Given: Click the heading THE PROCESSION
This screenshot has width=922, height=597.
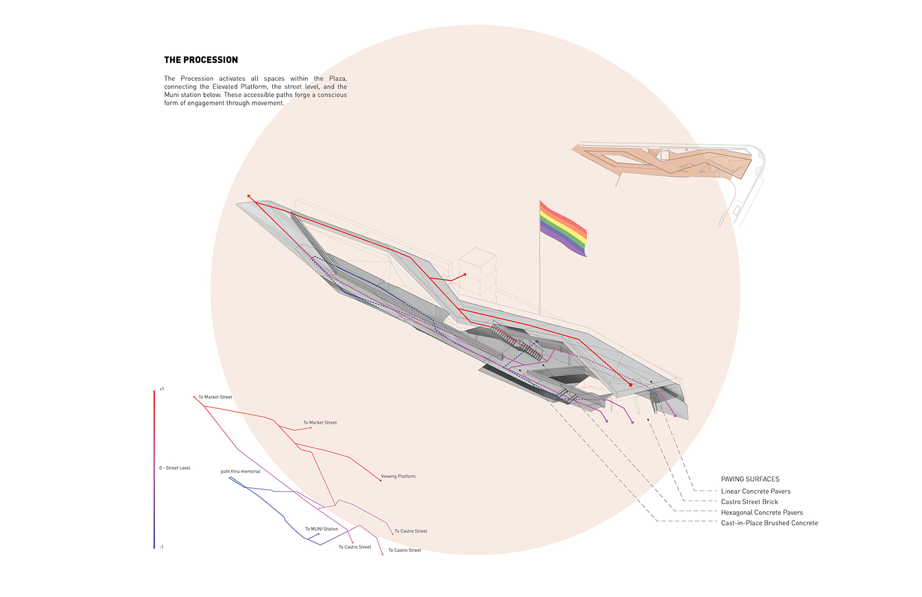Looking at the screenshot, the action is tap(201, 60).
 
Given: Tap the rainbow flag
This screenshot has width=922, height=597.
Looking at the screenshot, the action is tap(562, 228).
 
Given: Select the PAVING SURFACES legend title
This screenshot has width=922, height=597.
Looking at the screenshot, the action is tap(750, 479).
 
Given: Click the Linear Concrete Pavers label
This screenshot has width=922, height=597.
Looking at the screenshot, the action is tap(755, 491).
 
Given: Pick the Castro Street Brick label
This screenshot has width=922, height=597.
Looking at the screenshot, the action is tap(749, 502).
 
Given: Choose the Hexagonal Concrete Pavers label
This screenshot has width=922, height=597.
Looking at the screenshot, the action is tap(762, 513).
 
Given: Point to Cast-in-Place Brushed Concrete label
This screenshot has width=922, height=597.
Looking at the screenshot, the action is tap(769, 523).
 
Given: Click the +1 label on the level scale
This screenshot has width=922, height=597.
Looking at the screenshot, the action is tap(161, 389).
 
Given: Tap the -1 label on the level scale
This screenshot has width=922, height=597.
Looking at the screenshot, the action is tap(161, 547).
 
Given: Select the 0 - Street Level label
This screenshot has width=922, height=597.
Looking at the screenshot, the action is tap(175, 468).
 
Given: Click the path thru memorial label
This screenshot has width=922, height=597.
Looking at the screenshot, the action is tap(240, 471).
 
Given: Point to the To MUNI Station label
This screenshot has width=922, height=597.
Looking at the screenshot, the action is tap(322, 529).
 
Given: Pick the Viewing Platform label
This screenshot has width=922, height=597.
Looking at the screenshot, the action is tap(398, 476).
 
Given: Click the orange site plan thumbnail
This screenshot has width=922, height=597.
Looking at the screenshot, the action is tap(667, 163).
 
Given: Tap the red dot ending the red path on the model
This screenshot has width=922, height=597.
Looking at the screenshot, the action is tap(630, 385).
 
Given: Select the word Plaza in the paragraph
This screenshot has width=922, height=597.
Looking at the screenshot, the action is tap(338, 78).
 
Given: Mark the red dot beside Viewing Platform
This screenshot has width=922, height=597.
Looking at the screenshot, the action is tap(380, 480).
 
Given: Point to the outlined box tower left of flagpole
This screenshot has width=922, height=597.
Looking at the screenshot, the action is tap(478, 272).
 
